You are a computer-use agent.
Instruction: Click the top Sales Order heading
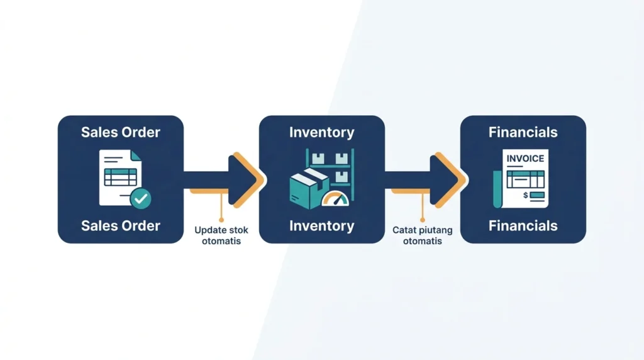pos(120,132)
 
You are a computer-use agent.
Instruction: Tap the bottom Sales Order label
pos(120,225)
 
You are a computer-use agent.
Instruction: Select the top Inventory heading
pos(321,132)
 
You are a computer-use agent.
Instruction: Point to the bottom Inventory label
pos(321,225)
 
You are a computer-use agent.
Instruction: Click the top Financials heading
pos(523,132)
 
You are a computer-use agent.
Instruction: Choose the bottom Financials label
pos(523,225)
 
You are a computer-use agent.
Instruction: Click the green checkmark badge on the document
pos(141,198)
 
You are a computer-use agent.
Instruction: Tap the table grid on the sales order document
pos(120,177)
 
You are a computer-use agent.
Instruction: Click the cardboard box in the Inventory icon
pos(309,189)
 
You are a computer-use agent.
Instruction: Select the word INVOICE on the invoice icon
pos(525,159)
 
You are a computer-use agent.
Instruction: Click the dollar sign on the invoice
pos(526,195)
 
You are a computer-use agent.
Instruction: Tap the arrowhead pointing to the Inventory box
pos(247,180)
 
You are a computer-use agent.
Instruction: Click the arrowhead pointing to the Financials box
pos(448,180)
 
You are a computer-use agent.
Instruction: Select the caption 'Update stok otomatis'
pos(221,235)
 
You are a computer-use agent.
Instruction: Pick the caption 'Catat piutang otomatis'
pos(422,235)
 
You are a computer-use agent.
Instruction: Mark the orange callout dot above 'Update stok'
pos(221,220)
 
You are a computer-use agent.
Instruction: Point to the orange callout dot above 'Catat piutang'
pos(422,220)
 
